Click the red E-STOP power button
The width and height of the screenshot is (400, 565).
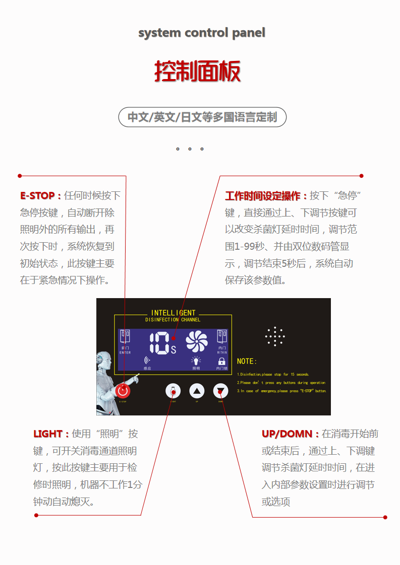(x=123, y=391)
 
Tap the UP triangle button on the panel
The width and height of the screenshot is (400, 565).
(x=197, y=391)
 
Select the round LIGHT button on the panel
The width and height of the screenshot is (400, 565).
(x=173, y=391)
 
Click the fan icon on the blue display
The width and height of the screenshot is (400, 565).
(x=196, y=341)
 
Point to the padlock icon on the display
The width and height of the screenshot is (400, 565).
(x=221, y=361)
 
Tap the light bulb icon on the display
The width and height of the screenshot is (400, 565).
(x=196, y=361)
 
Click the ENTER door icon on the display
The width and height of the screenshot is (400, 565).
(x=125, y=337)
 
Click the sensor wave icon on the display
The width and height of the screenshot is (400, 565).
(x=147, y=361)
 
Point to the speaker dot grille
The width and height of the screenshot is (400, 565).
(x=275, y=336)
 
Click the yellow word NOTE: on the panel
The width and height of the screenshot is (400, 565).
(x=247, y=362)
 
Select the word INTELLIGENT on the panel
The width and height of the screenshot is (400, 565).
(x=173, y=313)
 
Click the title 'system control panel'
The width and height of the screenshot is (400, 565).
(x=201, y=33)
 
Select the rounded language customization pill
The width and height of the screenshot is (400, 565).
(x=202, y=117)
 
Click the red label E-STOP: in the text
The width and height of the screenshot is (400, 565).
(x=40, y=195)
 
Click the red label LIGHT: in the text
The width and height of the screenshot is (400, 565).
(x=51, y=434)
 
